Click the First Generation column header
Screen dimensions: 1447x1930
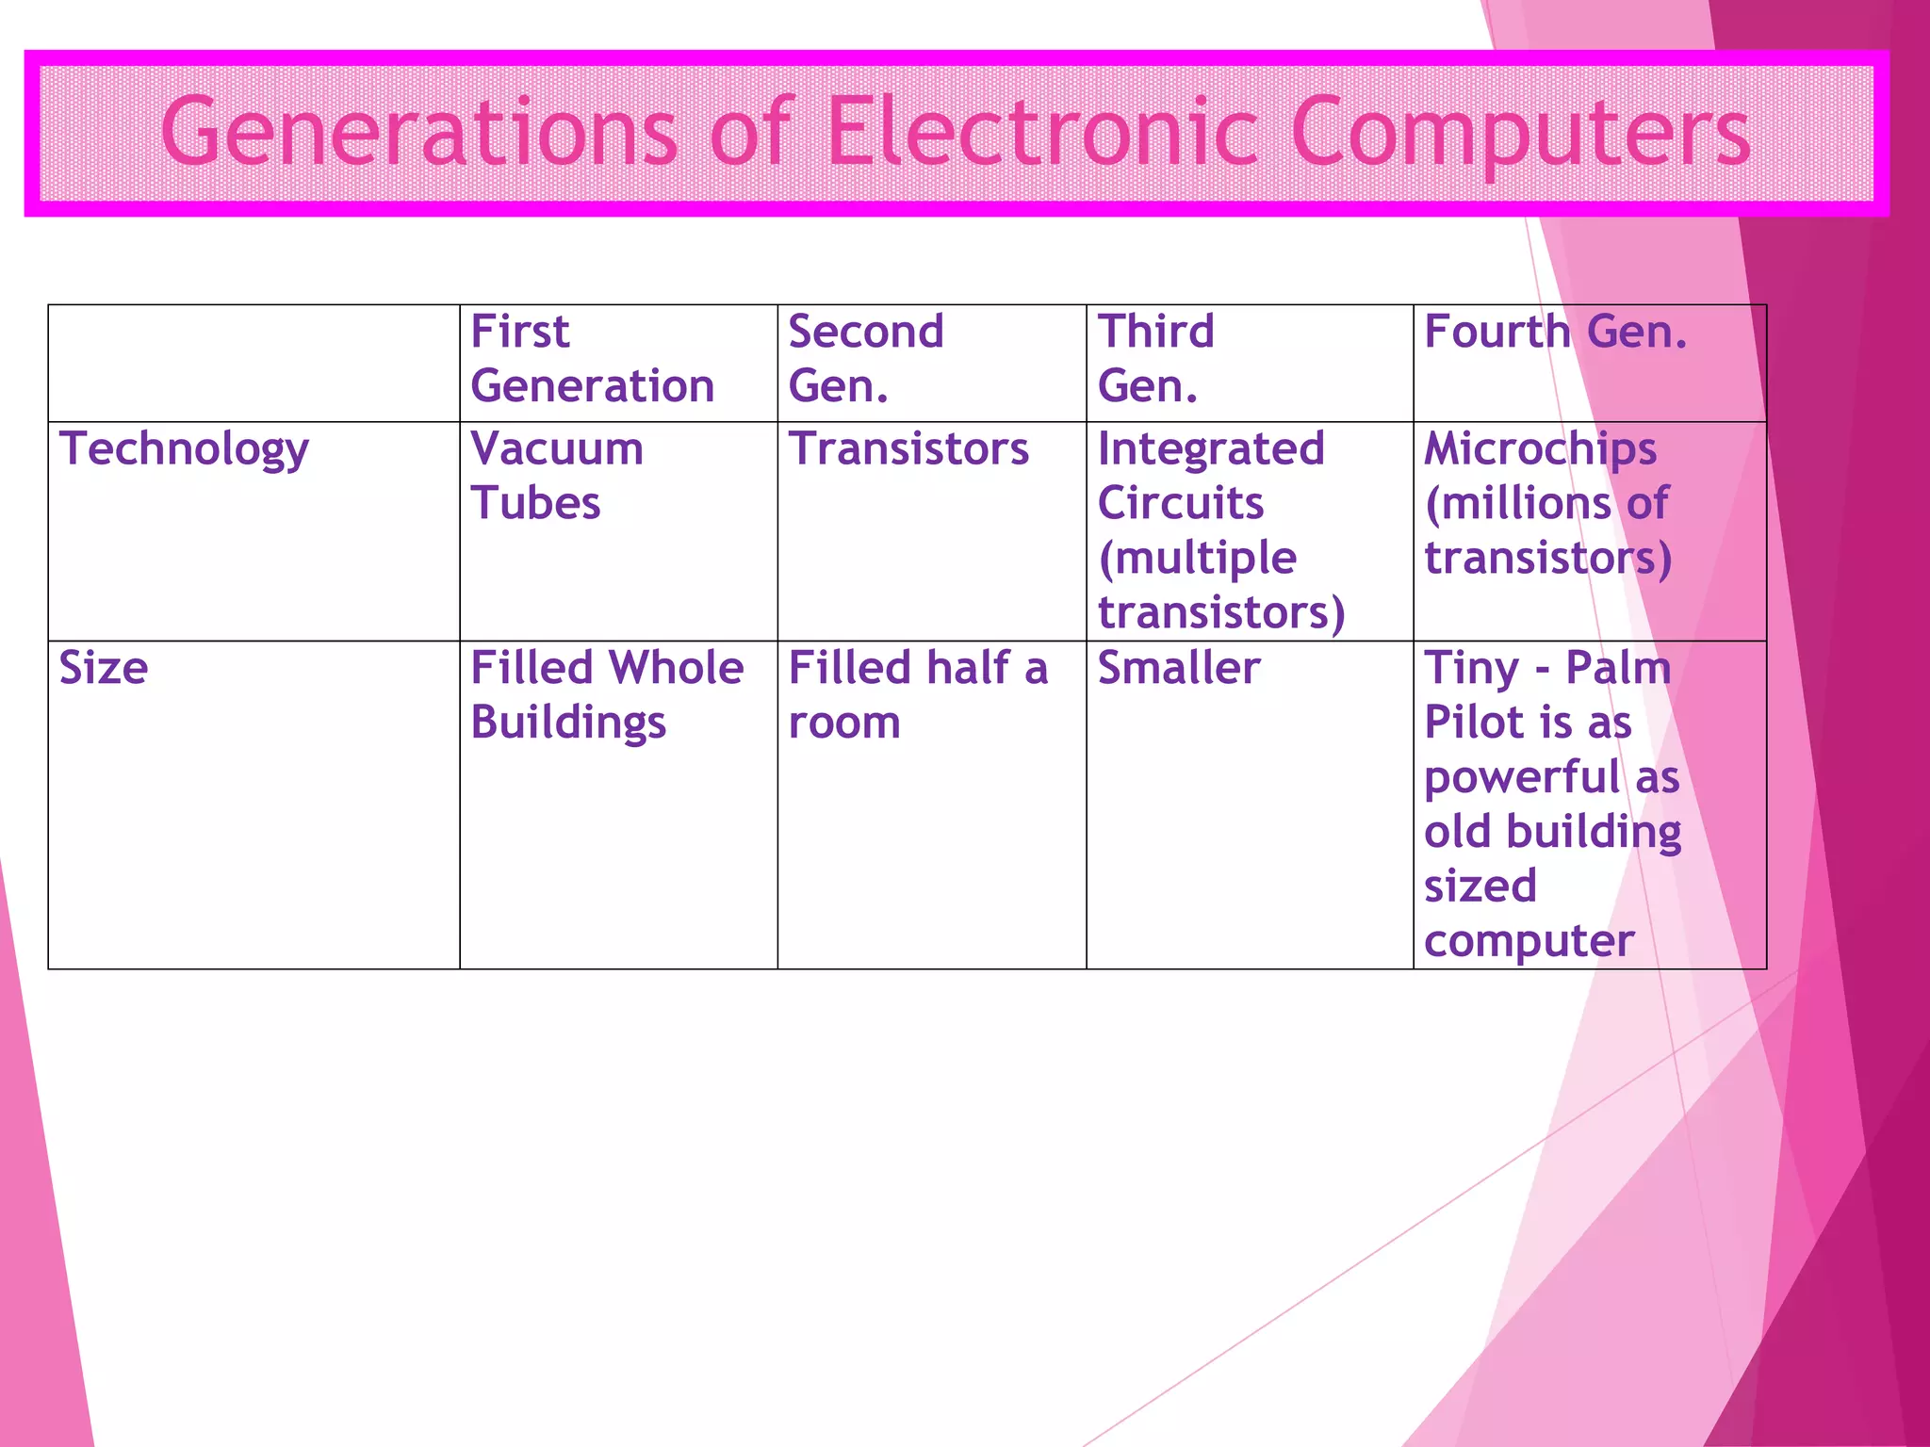coord(592,359)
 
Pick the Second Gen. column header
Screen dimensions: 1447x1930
coord(865,359)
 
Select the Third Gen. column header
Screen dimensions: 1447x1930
coord(1155,359)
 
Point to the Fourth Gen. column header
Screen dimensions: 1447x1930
coord(1555,332)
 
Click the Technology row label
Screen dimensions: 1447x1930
coord(184,449)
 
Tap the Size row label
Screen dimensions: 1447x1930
coord(104,668)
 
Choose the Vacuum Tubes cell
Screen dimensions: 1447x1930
coord(556,476)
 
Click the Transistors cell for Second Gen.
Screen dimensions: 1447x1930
coord(908,448)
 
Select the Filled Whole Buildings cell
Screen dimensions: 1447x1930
coord(606,695)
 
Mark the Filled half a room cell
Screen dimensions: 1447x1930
coord(917,695)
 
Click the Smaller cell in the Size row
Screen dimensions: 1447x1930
coord(1178,668)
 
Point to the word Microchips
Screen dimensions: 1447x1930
coord(1540,449)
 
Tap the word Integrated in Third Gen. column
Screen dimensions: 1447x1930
coord(1211,448)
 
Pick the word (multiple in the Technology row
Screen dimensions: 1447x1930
coord(1197,558)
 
